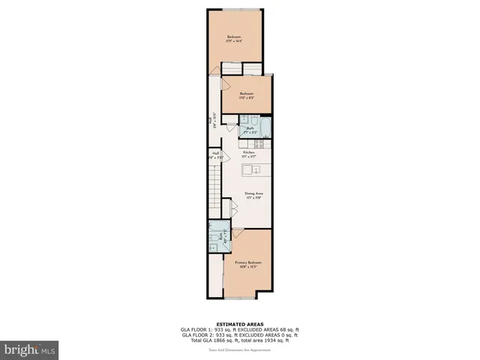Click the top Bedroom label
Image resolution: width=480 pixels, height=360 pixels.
tap(234, 38)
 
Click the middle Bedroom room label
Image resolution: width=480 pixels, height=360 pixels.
tap(247, 94)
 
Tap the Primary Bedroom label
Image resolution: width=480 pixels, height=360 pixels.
tap(247, 262)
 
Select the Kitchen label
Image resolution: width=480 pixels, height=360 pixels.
tap(249, 153)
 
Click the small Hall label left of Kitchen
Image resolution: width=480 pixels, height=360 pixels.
tap(216, 156)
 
